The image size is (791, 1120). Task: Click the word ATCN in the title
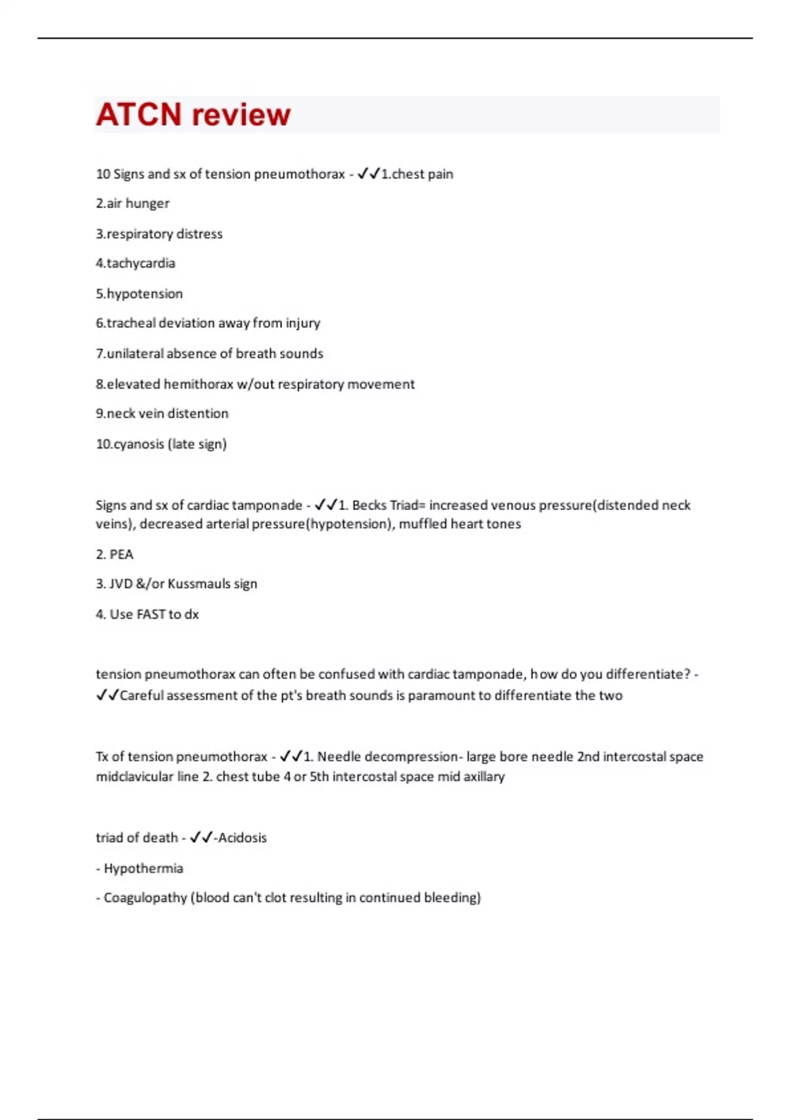pyautogui.click(x=138, y=115)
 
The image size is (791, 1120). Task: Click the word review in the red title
pyautogui.click(x=241, y=115)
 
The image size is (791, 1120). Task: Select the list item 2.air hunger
pyautogui.click(x=132, y=204)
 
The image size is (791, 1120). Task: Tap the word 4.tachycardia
pyautogui.click(x=135, y=264)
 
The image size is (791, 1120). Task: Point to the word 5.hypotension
pyautogui.click(x=139, y=294)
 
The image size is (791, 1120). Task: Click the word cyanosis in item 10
pyautogui.click(x=138, y=444)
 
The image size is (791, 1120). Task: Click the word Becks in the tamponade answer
pyautogui.click(x=369, y=505)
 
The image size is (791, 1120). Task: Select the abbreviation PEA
pyautogui.click(x=121, y=555)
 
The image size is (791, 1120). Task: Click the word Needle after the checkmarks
pyautogui.click(x=339, y=757)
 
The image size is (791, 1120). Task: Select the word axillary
pyautogui.click(x=484, y=777)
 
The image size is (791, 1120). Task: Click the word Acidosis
pyautogui.click(x=242, y=838)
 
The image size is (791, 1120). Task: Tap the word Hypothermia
pyautogui.click(x=143, y=868)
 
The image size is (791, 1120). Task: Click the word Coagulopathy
pyautogui.click(x=145, y=898)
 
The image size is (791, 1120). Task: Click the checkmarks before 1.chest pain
pyautogui.click(x=368, y=174)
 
